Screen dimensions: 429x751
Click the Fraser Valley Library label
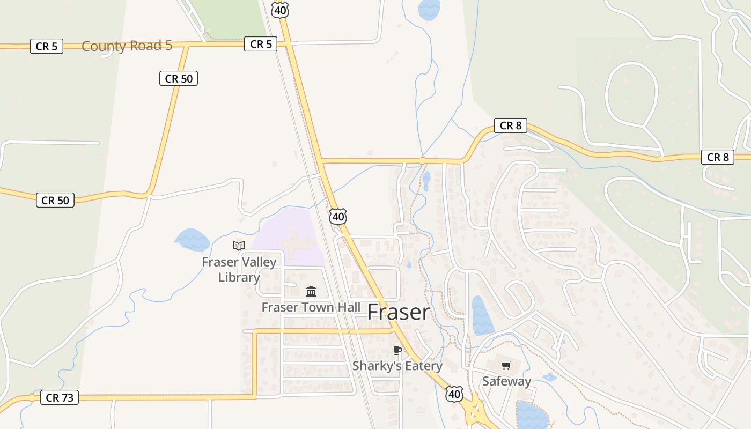(x=239, y=270)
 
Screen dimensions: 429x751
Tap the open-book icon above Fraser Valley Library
(x=239, y=246)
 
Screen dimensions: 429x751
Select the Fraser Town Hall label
(x=311, y=307)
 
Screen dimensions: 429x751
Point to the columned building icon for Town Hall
(x=311, y=292)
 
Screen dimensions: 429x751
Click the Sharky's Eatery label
(x=397, y=366)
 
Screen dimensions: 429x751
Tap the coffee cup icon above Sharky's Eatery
(x=397, y=351)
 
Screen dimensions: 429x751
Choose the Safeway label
(x=506, y=381)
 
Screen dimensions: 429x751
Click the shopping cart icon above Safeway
(x=506, y=366)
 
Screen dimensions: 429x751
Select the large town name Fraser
(x=399, y=313)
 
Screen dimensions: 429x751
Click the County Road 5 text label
(x=127, y=46)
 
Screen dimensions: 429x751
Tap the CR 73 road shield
(x=60, y=398)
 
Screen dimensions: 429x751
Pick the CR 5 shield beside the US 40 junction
(x=261, y=45)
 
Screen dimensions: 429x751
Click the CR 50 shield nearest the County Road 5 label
(x=179, y=79)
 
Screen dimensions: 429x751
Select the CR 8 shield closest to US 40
(x=510, y=126)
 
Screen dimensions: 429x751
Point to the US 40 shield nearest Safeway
(x=454, y=394)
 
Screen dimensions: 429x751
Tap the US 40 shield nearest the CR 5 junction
(x=280, y=10)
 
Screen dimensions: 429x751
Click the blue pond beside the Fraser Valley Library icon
(x=192, y=240)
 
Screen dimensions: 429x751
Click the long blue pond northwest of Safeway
(x=482, y=315)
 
